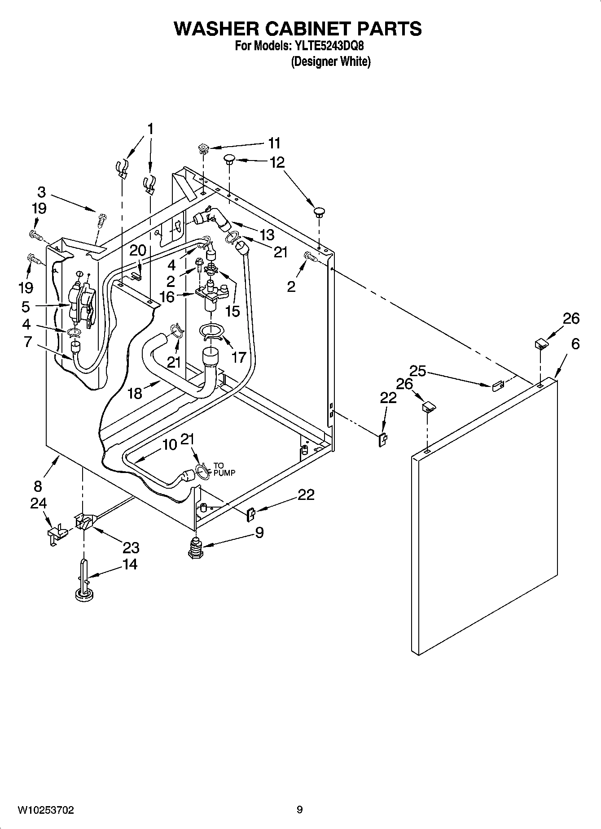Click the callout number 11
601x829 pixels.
(274, 143)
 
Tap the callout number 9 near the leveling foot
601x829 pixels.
(259, 532)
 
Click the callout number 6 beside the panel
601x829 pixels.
(575, 344)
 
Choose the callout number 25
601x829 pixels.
(417, 371)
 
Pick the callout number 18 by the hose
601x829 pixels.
(135, 393)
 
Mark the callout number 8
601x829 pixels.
(38, 486)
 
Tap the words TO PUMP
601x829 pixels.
(224, 469)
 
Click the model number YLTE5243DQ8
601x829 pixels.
(332, 46)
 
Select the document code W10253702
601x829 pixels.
(45, 810)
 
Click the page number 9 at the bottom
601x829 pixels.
(299, 810)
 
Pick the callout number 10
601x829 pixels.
(169, 445)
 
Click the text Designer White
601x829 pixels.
(331, 61)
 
